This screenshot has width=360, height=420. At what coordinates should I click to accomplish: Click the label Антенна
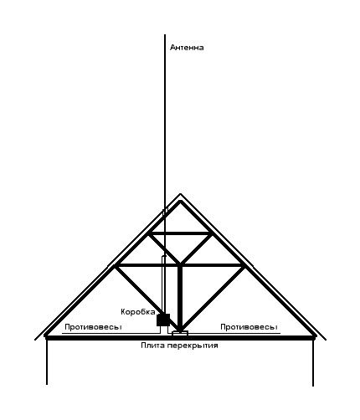[x=187, y=48]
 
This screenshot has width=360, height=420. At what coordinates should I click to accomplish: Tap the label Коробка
[x=138, y=312]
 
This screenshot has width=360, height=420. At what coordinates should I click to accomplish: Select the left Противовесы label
[x=93, y=327]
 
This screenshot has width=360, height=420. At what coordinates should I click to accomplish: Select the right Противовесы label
[x=249, y=327]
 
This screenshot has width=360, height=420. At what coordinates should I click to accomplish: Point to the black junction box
[x=163, y=320]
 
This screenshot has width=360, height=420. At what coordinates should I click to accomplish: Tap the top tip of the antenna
[x=165, y=34]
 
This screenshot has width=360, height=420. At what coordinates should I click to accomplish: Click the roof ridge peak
[x=180, y=193]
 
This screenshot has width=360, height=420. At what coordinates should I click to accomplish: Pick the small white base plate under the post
[x=180, y=333]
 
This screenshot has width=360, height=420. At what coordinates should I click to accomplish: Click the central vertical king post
[x=180, y=298]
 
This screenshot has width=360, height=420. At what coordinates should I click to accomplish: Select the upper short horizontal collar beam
[x=180, y=233]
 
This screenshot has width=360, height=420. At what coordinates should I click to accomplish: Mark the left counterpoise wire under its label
[x=111, y=333]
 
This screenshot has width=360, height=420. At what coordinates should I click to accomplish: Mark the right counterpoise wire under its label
[x=234, y=333]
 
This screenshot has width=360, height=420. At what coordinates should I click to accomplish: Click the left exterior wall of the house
[x=47, y=361]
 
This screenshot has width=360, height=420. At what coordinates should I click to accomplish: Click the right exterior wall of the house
[x=313, y=362]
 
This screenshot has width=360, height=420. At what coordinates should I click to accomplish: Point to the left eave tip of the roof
[x=35, y=340]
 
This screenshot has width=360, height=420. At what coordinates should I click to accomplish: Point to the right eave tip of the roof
[x=326, y=340]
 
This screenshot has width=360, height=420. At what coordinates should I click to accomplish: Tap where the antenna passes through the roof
[x=165, y=213]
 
